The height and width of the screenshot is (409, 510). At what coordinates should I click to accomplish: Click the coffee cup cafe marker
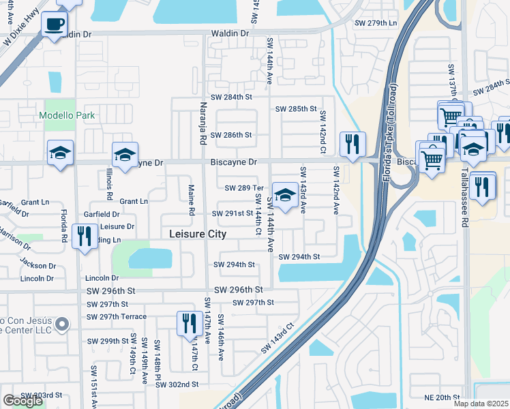pos(54,24)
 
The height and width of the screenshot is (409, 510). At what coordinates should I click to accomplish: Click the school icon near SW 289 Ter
pos(284,194)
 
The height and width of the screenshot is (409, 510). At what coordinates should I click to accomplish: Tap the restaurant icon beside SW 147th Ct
pos(189,323)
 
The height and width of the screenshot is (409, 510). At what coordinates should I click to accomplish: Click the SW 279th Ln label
pos(375,23)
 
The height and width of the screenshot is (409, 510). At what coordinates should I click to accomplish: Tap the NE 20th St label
pos(444,397)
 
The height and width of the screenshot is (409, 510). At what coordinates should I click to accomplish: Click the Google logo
pos(22,401)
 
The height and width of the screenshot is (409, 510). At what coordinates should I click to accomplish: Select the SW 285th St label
pos(296,109)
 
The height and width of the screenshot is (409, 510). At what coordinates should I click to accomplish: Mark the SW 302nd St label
pos(177,384)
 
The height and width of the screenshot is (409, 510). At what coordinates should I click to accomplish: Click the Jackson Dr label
pos(37,265)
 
